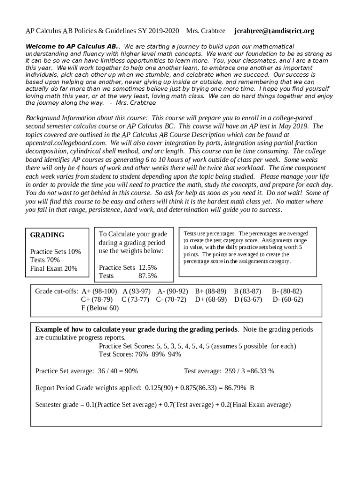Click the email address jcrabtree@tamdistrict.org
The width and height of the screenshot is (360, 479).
(x=274, y=31)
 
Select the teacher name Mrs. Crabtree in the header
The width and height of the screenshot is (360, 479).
(x=206, y=31)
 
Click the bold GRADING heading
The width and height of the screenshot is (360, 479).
(x=47, y=235)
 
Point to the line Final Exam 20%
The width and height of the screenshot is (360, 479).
(x=54, y=269)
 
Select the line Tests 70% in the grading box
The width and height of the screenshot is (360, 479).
(x=45, y=260)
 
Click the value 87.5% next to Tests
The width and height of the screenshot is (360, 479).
(x=147, y=276)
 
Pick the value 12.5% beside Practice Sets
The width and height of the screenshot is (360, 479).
(x=147, y=268)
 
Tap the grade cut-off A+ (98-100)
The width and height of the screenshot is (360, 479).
(x=99, y=291)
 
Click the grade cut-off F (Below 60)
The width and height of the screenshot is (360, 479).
(x=100, y=308)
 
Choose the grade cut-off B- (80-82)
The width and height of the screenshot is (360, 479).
(x=287, y=291)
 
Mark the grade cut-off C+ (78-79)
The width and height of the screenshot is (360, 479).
(x=97, y=299)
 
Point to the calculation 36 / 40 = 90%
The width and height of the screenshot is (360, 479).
(x=117, y=371)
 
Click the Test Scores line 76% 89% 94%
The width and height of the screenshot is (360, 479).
(x=140, y=354)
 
